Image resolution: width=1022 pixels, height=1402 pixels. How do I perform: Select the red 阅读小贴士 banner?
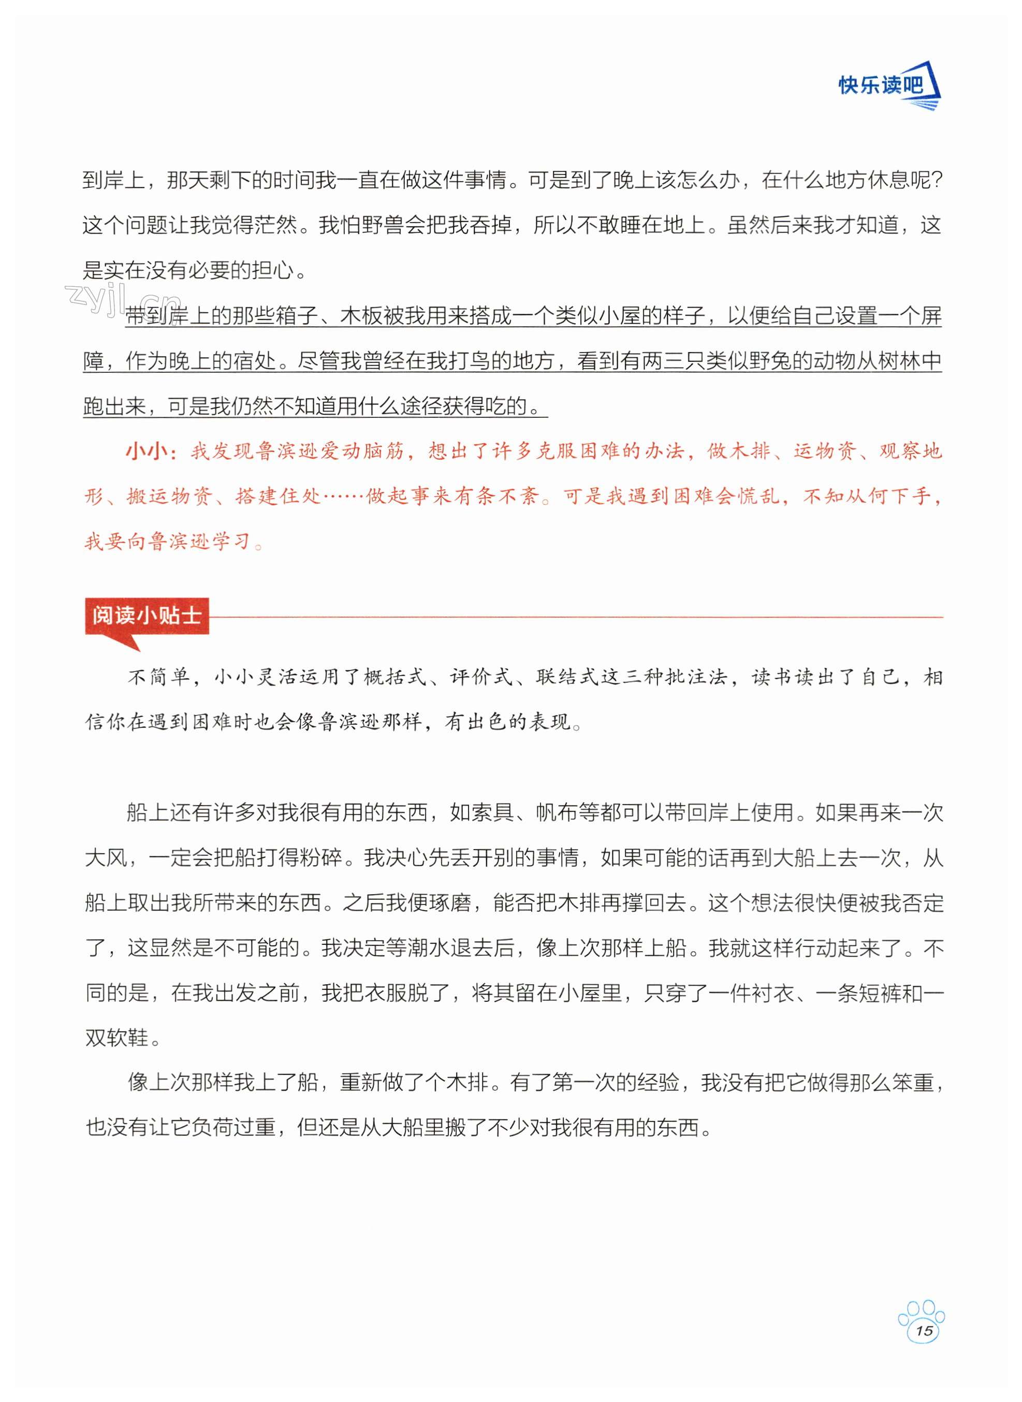(x=147, y=616)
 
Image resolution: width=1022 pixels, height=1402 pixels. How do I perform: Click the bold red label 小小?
(x=147, y=451)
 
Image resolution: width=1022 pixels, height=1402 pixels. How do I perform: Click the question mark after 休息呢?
(x=935, y=181)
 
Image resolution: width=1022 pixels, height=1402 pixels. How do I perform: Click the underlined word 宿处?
(x=254, y=361)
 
